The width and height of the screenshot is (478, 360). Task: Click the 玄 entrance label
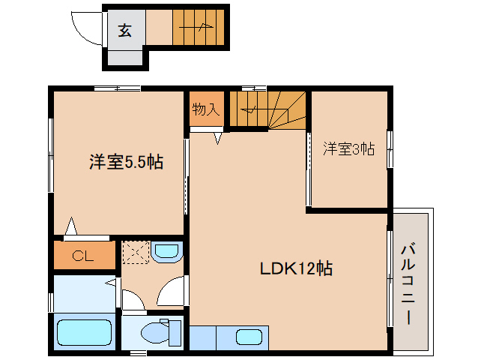(x=124, y=31)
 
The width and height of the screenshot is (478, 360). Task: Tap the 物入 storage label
(x=205, y=109)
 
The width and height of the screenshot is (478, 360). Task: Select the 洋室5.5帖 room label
(x=127, y=161)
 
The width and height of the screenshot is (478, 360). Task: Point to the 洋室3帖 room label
(x=348, y=148)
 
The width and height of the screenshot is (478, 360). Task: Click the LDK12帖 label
(x=296, y=268)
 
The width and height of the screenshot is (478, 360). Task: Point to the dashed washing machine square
(x=136, y=252)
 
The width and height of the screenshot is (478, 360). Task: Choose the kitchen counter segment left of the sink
(x=203, y=336)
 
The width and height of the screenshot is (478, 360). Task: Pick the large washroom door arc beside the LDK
(x=172, y=289)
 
